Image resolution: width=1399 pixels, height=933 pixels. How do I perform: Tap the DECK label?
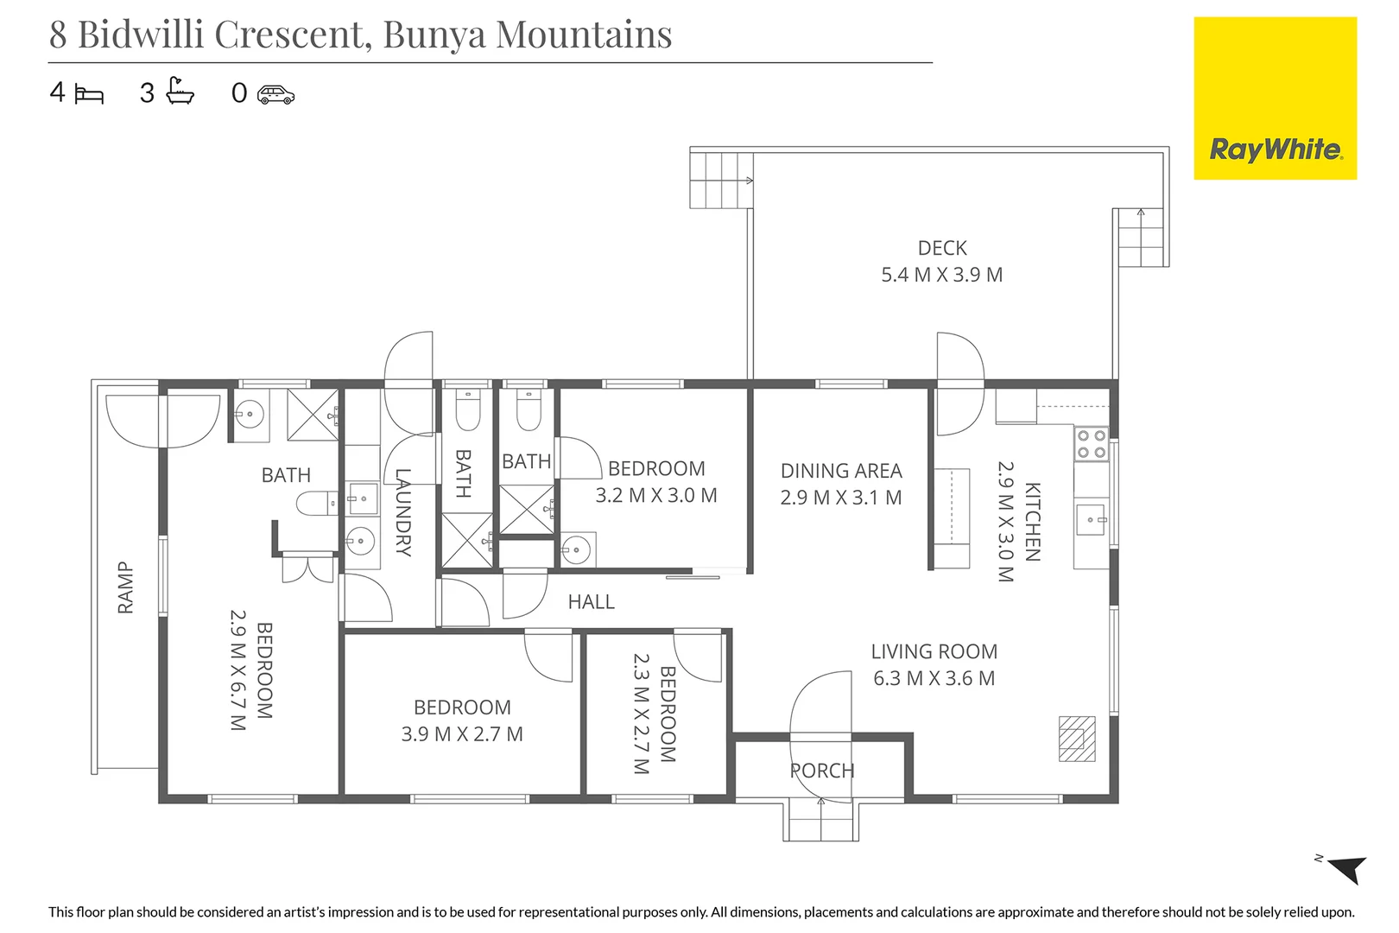click(942, 249)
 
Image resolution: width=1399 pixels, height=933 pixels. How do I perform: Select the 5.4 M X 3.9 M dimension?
click(941, 275)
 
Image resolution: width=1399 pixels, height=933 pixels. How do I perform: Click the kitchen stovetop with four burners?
click(1091, 444)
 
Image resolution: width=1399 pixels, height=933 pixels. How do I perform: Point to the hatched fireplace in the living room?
click(1077, 739)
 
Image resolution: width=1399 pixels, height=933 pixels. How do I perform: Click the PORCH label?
click(822, 771)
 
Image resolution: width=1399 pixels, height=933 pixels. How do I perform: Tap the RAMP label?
click(126, 587)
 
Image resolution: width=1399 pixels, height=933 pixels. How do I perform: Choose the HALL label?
click(591, 602)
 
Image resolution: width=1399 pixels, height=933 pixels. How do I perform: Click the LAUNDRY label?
click(403, 511)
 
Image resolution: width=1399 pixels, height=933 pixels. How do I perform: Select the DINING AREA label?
click(841, 471)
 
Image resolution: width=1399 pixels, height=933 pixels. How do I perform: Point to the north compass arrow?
click(1345, 867)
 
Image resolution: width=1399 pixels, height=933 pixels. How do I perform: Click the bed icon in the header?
click(89, 93)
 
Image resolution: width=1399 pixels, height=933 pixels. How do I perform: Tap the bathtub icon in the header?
click(180, 91)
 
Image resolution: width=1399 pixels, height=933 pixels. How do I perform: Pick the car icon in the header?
click(275, 94)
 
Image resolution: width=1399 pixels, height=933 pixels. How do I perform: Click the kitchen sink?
click(1091, 520)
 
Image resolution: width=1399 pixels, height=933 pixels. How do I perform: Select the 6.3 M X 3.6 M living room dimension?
click(934, 679)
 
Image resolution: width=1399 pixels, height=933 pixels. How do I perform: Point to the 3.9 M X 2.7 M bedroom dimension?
click(462, 734)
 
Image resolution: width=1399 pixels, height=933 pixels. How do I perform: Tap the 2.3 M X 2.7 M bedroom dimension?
click(641, 713)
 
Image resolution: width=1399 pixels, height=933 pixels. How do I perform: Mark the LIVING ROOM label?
click(934, 652)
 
